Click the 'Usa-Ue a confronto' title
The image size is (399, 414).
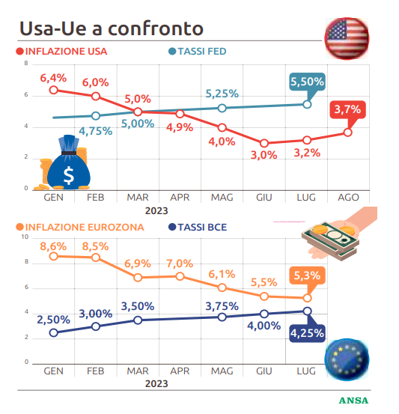(112, 28)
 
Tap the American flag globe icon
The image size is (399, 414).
(347, 38)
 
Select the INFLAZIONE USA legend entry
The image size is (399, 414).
(61, 51)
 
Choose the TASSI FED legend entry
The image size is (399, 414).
(198, 51)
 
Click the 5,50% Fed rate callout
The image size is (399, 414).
(307, 82)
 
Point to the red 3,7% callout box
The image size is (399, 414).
(348, 109)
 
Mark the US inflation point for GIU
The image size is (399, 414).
(264, 144)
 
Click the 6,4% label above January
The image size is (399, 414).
(53, 78)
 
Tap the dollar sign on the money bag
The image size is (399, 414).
(69, 175)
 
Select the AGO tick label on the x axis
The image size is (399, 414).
(348, 197)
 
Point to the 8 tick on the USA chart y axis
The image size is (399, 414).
(26, 63)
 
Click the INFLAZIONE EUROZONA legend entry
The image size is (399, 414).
(80, 227)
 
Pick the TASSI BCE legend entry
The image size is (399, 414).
(198, 227)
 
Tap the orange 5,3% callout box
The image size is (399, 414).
(307, 276)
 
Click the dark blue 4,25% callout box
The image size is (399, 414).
(307, 333)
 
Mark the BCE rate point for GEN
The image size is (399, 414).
(54, 332)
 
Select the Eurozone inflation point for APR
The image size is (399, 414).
(180, 276)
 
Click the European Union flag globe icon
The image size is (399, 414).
(347, 359)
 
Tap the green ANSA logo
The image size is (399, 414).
(353, 401)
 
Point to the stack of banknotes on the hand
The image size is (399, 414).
(331, 240)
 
